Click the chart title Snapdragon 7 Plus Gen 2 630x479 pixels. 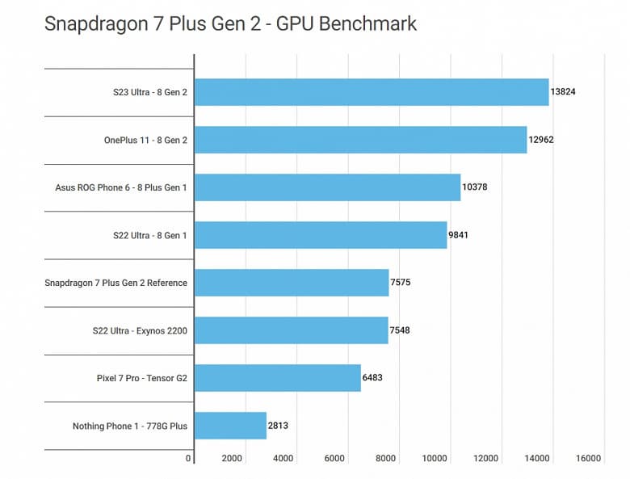click(230, 23)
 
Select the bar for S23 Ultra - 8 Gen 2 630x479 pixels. click(372, 92)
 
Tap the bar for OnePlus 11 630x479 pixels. click(360, 140)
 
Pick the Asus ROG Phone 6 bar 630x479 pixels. click(327, 187)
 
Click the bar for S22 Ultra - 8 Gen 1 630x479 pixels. click(321, 235)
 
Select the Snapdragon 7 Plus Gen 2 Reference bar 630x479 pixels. click(292, 283)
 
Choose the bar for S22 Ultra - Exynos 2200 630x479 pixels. click(291, 330)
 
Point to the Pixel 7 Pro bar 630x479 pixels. click(278, 378)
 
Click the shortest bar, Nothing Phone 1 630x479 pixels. click(230, 426)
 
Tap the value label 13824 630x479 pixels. click(563, 92)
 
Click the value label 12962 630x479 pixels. click(541, 140)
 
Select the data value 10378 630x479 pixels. click(475, 187)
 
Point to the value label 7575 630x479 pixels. click(401, 283)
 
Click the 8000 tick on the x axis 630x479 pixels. click(385, 459)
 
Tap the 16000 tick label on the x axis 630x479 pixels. click(588, 459)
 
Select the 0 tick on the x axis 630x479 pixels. click(189, 459)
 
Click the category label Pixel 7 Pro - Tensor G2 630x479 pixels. click(141, 378)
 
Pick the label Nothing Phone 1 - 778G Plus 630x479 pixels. click(130, 426)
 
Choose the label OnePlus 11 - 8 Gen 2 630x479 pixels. click(145, 140)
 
